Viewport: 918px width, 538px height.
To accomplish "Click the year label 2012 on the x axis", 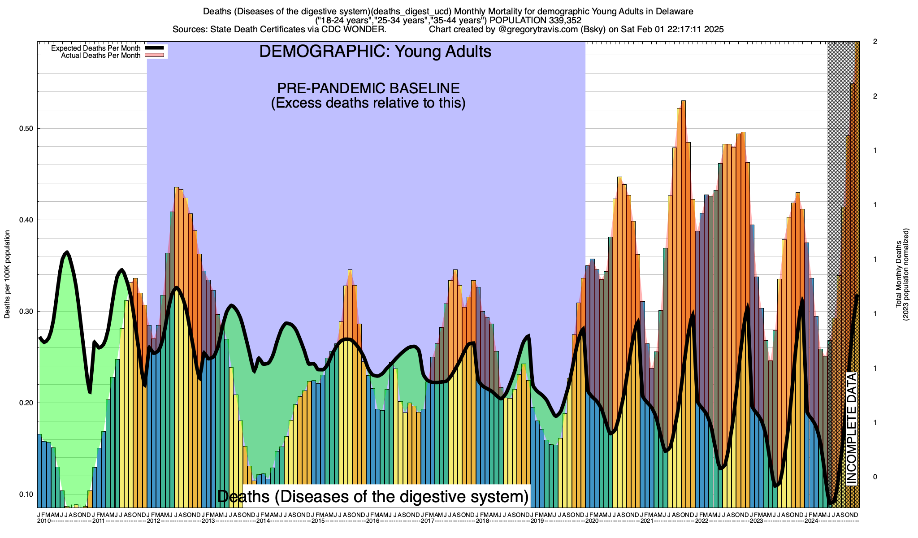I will click(154, 521).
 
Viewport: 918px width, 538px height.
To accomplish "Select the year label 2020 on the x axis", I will click(592, 521).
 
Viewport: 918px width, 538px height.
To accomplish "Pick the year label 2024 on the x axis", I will click(811, 521).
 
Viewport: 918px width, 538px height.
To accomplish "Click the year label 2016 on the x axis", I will click(373, 521).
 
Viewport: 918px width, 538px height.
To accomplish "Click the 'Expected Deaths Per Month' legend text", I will click(95, 48).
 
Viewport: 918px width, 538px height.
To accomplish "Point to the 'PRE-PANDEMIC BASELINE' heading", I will click(368, 88).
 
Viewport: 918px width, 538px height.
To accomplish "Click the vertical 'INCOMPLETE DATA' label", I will click(851, 428).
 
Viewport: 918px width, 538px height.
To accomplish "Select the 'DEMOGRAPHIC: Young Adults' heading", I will click(375, 52).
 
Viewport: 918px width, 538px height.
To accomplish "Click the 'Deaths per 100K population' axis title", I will click(7, 274).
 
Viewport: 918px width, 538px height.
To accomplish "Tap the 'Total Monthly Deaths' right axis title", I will click(898, 274).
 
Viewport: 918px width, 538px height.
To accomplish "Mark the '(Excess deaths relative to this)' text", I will click(368, 103).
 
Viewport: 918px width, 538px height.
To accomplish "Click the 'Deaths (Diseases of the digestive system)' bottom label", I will click(373, 496).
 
